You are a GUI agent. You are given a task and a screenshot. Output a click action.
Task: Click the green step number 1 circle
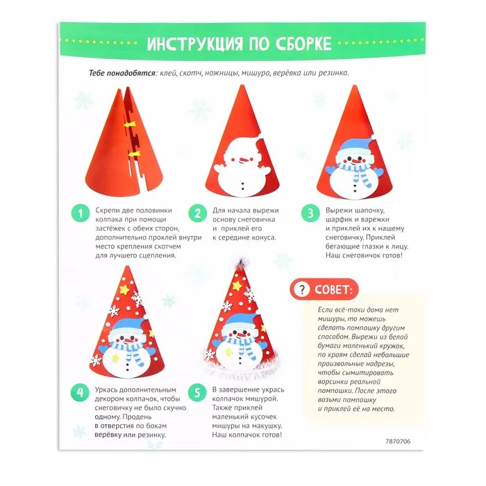click(81, 213)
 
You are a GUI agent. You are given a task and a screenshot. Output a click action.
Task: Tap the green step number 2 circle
click(197, 213)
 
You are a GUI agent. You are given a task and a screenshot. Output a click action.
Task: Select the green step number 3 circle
click(310, 213)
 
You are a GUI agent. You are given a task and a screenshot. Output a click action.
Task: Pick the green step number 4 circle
click(80, 393)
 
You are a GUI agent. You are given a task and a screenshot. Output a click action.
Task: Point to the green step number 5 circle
click(197, 393)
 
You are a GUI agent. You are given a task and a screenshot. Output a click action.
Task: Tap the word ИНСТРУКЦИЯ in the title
click(194, 44)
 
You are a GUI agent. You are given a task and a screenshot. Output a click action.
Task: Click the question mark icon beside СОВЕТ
click(301, 290)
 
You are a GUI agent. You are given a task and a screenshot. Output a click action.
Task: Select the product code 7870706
click(398, 442)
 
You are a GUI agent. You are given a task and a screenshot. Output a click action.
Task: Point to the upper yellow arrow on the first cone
click(130, 124)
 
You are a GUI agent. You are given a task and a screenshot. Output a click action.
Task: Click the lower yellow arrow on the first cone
click(134, 153)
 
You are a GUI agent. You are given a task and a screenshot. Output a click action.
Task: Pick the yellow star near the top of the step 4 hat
click(124, 290)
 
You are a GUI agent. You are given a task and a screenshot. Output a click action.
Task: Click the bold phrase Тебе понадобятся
click(122, 73)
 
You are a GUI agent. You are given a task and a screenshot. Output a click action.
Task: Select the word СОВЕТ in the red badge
click(333, 290)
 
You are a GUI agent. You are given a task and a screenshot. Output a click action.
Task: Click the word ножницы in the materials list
click(221, 73)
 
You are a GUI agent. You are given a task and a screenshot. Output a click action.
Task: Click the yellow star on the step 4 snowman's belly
click(115, 358)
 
